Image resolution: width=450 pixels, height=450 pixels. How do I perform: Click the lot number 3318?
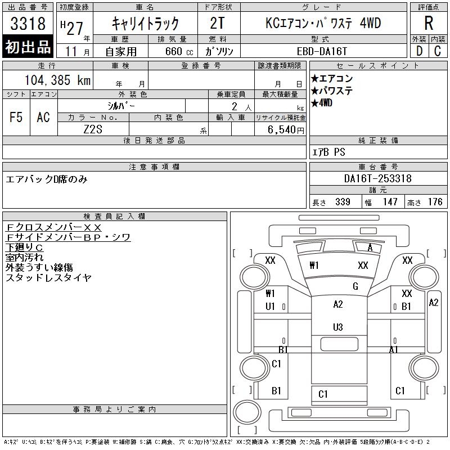(x=28, y=24)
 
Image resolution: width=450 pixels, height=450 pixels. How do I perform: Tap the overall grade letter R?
(x=429, y=23)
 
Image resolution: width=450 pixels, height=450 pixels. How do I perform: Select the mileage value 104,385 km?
(x=57, y=80)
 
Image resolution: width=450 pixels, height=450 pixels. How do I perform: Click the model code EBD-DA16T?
(x=322, y=51)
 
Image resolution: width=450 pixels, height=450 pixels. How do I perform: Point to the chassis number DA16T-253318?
(x=377, y=178)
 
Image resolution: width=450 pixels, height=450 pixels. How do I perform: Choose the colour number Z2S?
(x=93, y=129)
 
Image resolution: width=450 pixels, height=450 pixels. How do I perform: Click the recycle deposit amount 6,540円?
(x=286, y=130)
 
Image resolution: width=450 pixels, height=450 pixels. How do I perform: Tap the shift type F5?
(x=16, y=117)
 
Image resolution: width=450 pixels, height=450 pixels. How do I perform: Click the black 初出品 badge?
(x=28, y=47)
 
